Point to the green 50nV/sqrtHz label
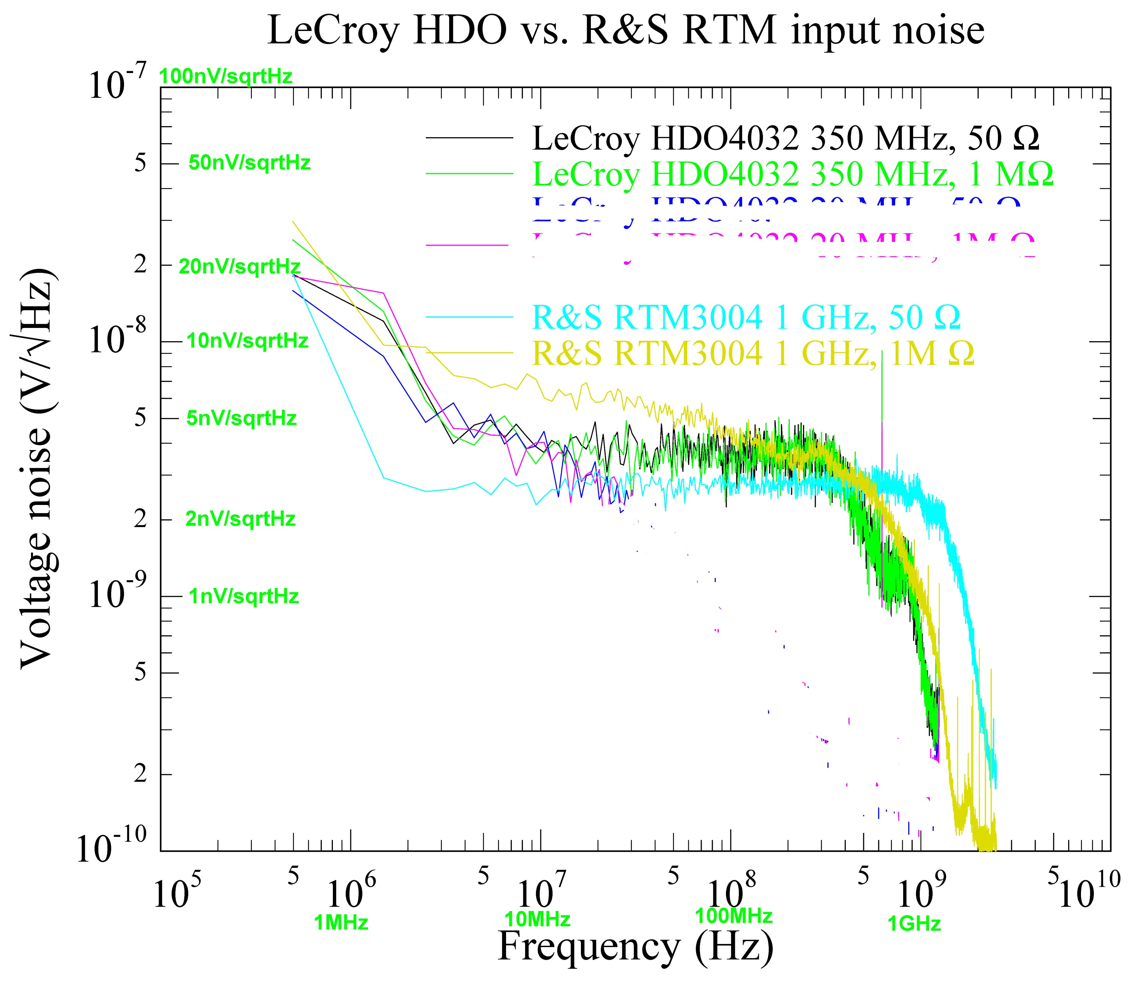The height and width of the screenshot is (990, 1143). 250,163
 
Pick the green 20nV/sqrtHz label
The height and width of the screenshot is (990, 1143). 239,267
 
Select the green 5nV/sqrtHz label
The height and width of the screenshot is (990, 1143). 241,418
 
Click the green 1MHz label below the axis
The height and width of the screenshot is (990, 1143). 341,922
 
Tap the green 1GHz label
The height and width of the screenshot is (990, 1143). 914,923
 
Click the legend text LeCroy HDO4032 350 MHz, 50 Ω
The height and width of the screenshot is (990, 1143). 785,138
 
